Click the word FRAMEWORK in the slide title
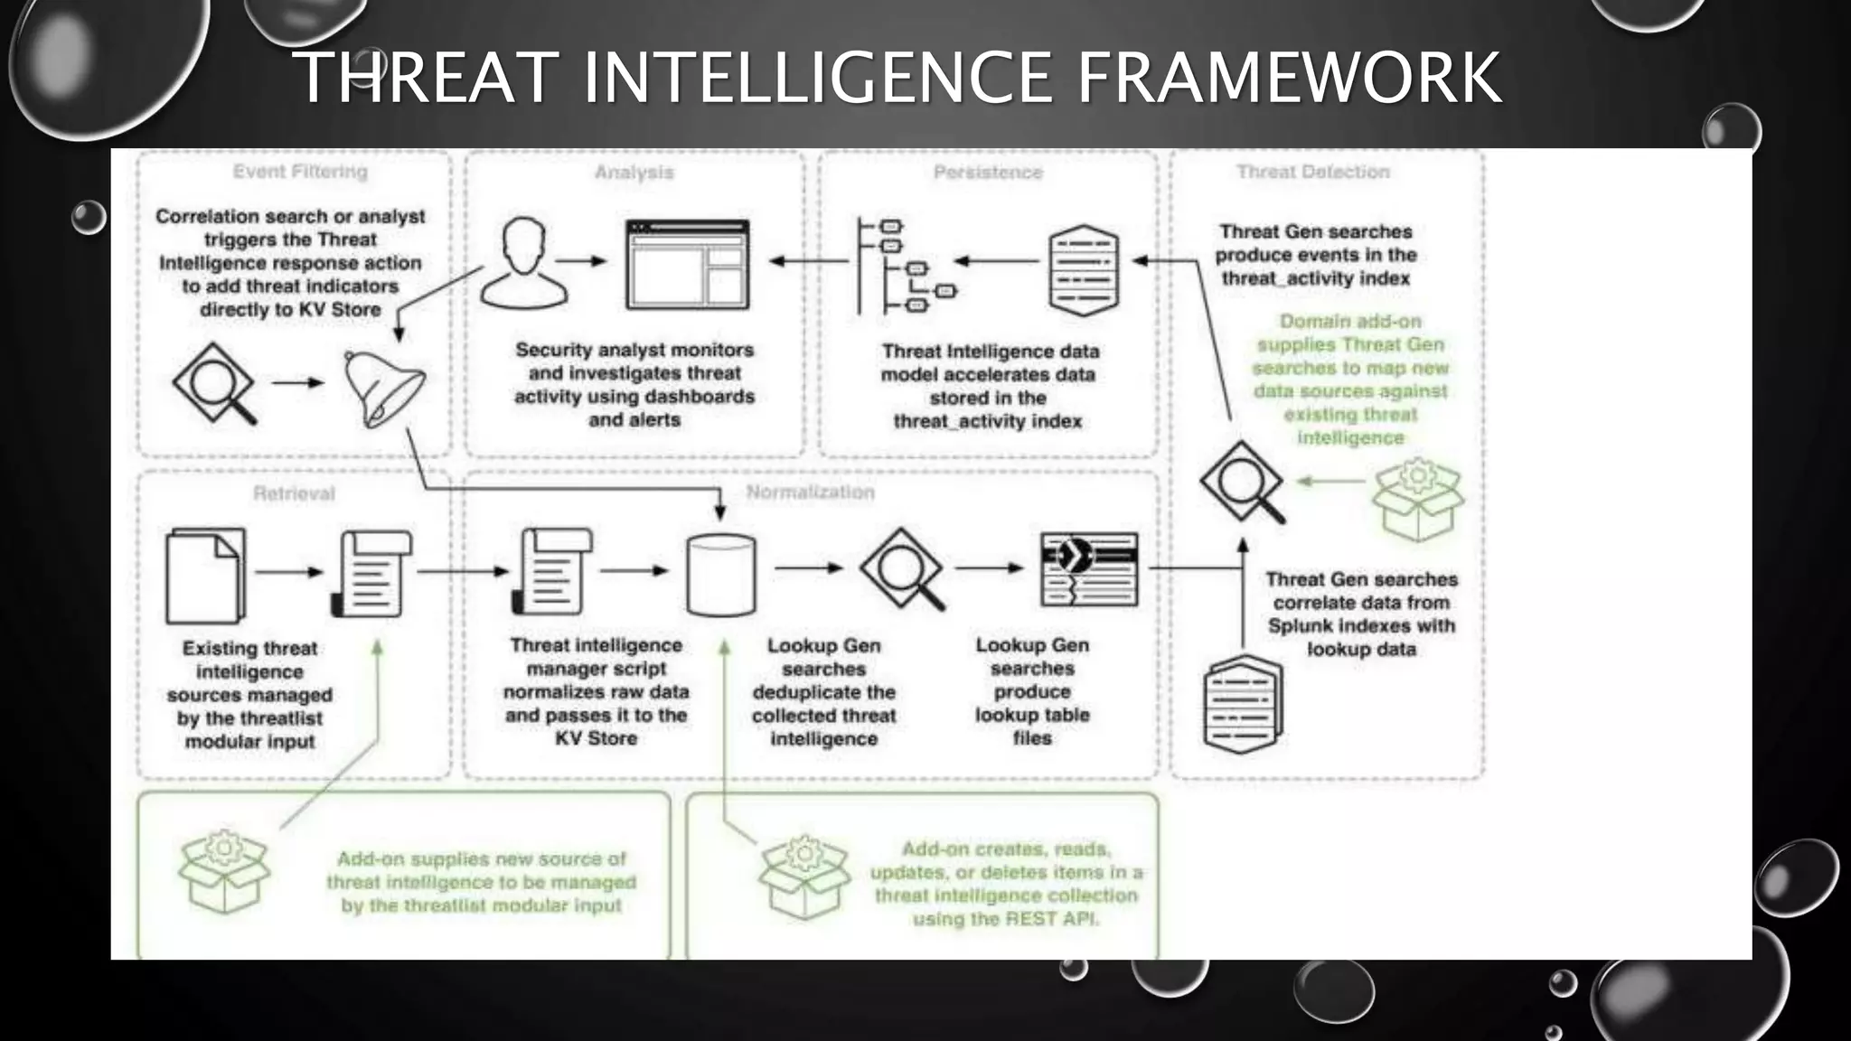(x=1288, y=78)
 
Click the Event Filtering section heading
(x=300, y=172)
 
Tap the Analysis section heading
(x=634, y=173)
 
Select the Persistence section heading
(x=988, y=173)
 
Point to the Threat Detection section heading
(x=1312, y=172)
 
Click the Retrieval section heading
(x=294, y=493)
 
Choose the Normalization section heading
(x=810, y=492)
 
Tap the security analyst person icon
(x=523, y=265)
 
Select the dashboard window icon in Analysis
(x=688, y=265)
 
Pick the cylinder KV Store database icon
(x=720, y=575)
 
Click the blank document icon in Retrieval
(x=205, y=576)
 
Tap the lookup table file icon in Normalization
(x=1089, y=569)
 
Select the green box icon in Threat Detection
(x=1417, y=499)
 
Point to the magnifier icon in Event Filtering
(x=215, y=383)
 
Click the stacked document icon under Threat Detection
(x=1244, y=704)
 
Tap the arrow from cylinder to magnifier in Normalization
(x=808, y=568)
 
